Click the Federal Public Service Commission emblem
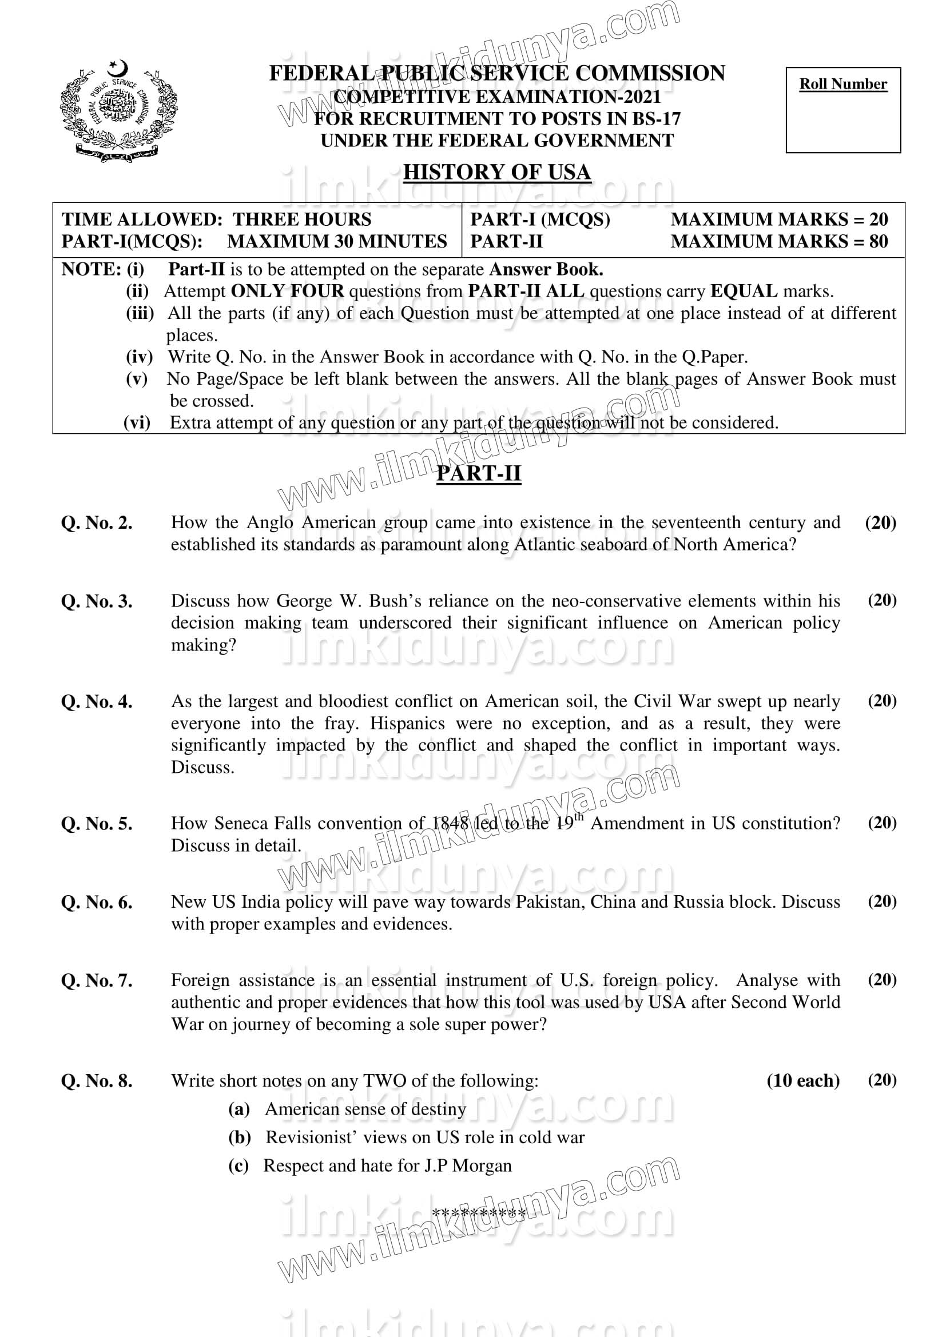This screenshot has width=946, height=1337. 119,111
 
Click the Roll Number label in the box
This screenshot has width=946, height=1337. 842,85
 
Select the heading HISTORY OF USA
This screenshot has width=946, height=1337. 497,173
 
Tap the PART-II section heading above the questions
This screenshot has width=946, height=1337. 479,473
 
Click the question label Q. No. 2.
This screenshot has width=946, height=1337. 97,523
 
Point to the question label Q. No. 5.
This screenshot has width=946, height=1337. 97,824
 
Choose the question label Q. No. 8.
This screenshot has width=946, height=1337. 97,1081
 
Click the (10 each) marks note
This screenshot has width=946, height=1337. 802,1081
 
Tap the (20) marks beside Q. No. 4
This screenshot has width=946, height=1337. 882,701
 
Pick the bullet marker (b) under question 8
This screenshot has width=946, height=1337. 240,1138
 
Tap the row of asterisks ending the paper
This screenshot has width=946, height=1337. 479,1214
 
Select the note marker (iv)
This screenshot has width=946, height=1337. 139,356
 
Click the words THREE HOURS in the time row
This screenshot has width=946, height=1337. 302,219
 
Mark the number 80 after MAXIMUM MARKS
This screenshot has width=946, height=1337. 879,242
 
